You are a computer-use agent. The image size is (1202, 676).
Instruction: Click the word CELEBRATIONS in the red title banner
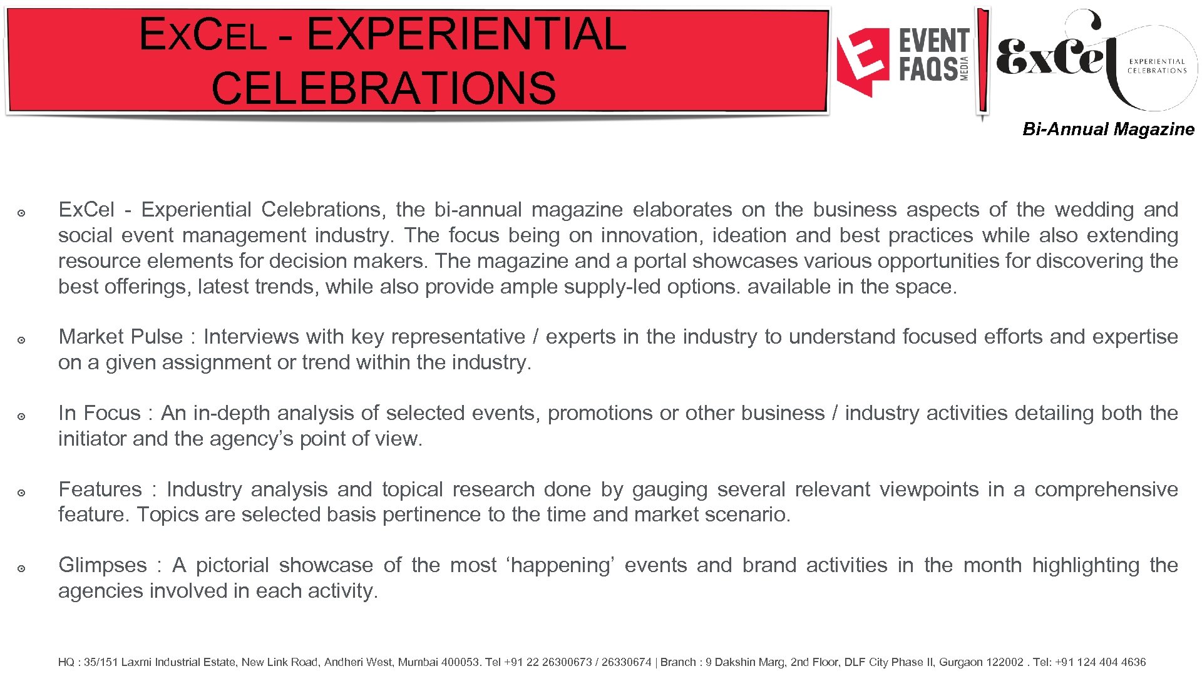click(383, 88)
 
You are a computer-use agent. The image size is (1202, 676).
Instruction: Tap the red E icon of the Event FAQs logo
click(863, 61)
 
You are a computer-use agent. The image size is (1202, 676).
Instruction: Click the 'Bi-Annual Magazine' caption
click(1107, 130)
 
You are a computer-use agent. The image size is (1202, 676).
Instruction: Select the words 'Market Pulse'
click(120, 337)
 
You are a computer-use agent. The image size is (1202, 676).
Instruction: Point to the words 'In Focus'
click(100, 413)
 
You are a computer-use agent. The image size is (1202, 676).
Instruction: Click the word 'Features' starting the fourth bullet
click(100, 489)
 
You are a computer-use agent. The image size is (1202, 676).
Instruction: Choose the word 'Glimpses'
click(103, 565)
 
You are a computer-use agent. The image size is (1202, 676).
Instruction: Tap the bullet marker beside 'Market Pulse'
click(21, 340)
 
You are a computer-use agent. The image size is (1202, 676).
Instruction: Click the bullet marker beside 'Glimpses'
click(21, 568)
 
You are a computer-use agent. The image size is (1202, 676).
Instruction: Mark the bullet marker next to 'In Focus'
click(21, 416)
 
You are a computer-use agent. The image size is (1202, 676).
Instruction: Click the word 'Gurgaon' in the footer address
click(960, 662)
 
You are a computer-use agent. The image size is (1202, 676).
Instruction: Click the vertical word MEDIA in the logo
click(965, 68)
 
